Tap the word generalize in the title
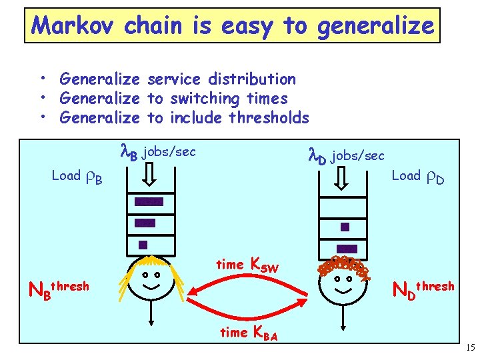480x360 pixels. click(375, 26)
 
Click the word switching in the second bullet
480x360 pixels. click(204, 99)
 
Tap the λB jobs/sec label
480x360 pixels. click(157, 152)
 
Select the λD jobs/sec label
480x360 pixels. click(346, 156)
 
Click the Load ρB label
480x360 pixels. click(77, 177)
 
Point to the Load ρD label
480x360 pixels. click(417, 176)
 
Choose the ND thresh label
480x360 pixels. click(423, 289)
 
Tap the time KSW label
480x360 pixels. click(246, 265)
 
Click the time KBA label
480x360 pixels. click(249, 332)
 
